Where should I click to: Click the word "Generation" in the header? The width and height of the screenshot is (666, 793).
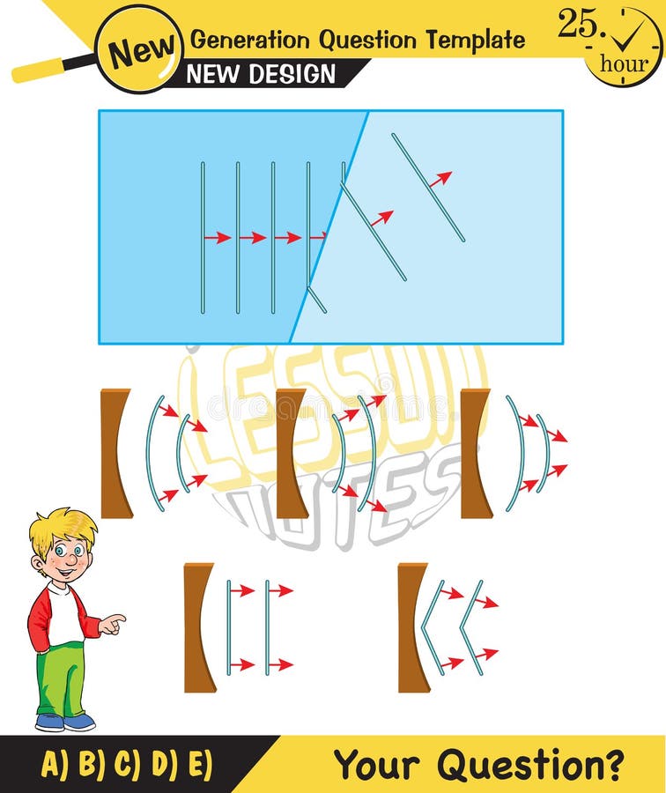pyautogui.click(x=252, y=40)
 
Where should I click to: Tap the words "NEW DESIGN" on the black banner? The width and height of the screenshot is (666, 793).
pyautogui.click(x=262, y=74)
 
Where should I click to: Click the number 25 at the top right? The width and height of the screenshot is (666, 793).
pyautogui.click(x=577, y=25)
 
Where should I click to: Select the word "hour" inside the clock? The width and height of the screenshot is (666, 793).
pyautogui.click(x=623, y=64)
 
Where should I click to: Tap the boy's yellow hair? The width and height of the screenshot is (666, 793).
pyautogui.click(x=62, y=526)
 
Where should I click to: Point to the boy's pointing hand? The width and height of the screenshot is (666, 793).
pyautogui.click(x=112, y=624)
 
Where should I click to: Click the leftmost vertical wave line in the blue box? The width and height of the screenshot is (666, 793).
pyautogui.click(x=203, y=238)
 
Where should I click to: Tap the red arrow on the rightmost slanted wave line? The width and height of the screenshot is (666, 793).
pyautogui.click(x=440, y=179)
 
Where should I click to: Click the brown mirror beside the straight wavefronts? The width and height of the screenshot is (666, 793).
pyautogui.click(x=198, y=627)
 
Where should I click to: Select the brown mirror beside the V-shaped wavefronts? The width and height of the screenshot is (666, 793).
pyautogui.click(x=412, y=627)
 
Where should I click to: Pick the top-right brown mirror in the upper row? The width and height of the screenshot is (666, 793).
pyautogui.click(x=476, y=453)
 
